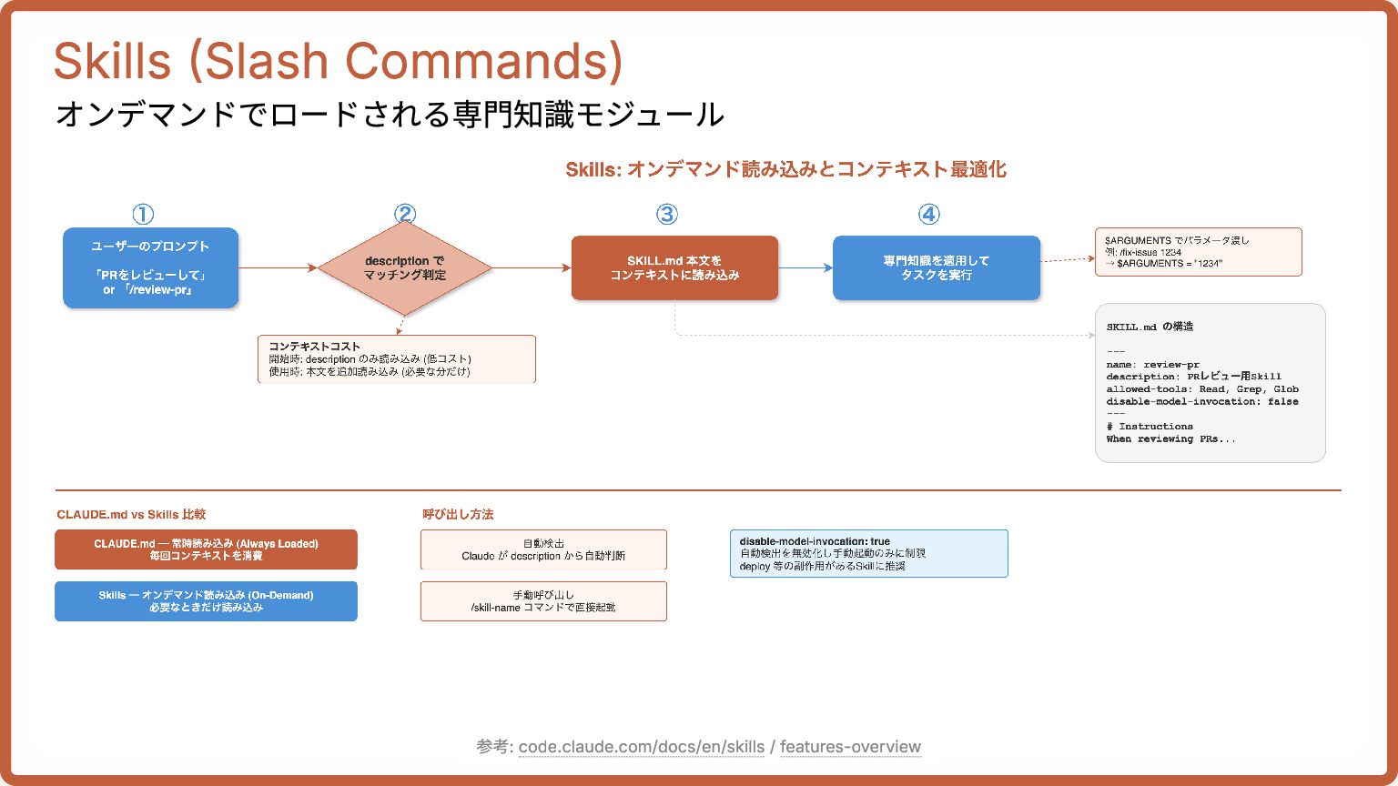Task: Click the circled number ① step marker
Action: [143, 214]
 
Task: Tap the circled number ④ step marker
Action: [928, 214]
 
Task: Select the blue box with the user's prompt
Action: [150, 267]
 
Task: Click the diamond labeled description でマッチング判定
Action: [405, 267]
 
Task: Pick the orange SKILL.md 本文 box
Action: [674, 267]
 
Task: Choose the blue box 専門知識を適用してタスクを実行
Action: [936, 267]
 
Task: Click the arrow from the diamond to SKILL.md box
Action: [532, 267]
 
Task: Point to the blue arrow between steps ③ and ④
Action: [805, 267]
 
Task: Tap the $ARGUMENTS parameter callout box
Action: [1198, 252]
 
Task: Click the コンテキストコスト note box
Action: [397, 359]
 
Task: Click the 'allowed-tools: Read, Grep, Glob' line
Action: [1202, 388]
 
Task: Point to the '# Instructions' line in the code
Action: [1150, 426]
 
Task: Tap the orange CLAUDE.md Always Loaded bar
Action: [206, 549]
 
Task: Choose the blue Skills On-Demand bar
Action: [206, 601]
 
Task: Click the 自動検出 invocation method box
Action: [543, 549]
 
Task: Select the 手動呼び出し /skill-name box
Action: [543, 601]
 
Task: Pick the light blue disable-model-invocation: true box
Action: [868, 553]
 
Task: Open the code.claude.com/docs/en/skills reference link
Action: [642, 747]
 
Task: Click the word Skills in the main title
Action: [113, 62]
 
